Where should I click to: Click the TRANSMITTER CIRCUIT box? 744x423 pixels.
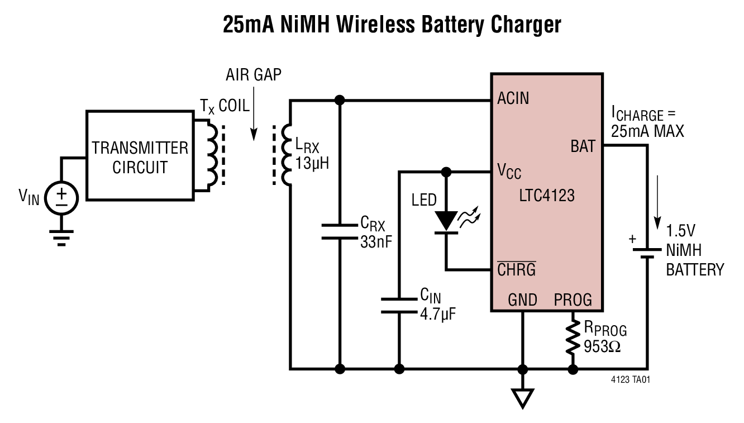140,155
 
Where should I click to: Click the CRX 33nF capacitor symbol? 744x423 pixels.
339,231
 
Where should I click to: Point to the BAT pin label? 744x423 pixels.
583,147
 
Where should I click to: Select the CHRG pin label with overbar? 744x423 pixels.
516,270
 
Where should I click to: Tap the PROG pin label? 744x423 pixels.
573,300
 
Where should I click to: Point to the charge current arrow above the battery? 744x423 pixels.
660,198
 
